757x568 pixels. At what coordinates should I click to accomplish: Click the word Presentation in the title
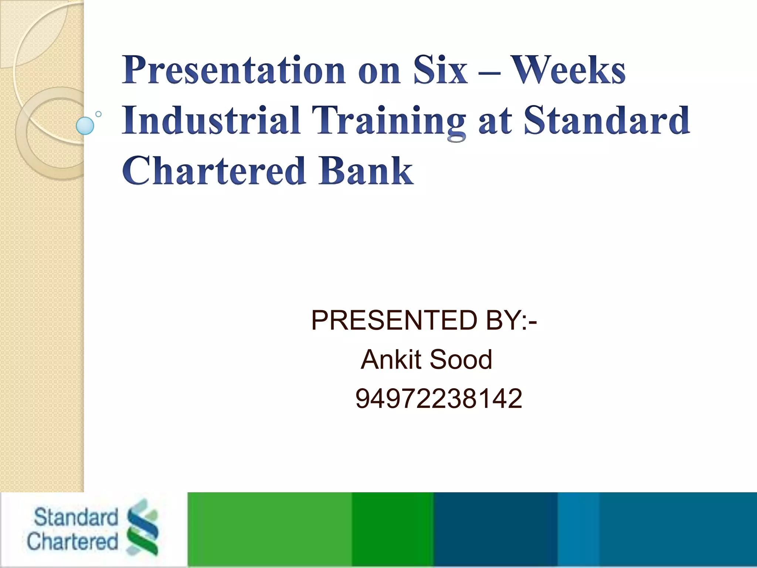(x=234, y=70)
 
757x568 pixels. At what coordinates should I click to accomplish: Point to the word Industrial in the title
(x=211, y=120)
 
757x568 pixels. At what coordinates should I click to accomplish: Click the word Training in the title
(x=388, y=121)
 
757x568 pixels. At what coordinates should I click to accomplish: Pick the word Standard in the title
(x=607, y=120)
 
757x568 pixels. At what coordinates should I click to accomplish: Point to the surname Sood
(x=461, y=359)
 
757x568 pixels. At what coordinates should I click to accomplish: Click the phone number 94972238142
(x=439, y=398)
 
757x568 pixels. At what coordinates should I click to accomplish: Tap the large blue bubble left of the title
(x=85, y=126)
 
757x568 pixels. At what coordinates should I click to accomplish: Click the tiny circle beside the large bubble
(x=98, y=114)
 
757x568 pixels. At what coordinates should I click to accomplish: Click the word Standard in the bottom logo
(x=76, y=517)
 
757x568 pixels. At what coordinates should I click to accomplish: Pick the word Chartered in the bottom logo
(x=72, y=541)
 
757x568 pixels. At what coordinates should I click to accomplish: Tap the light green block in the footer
(x=269, y=530)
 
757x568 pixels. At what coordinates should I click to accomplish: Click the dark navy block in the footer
(x=495, y=530)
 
